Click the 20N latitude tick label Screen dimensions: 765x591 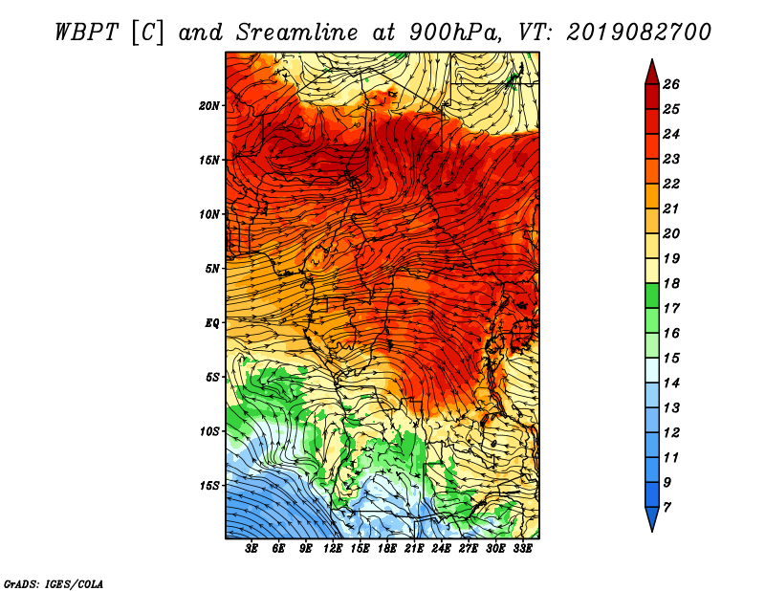click(209, 106)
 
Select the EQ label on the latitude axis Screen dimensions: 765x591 click(211, 323)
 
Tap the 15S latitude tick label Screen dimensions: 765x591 click(209, 486)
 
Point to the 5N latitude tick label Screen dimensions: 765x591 click(212, 269)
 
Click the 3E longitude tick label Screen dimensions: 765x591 click(251, 549)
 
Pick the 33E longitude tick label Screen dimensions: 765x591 click(522, 549)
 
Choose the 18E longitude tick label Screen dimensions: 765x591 click(387, 549)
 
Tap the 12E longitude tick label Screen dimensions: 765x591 click(333, 549)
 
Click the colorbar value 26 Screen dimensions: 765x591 click(671, 84)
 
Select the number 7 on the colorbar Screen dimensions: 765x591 click(667, 508)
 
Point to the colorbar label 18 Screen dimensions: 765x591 click(671, 283)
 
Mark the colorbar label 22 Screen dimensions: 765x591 click(671, 184)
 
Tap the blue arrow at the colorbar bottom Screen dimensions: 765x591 click(652, 517)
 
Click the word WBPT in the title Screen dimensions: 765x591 click(86, 33)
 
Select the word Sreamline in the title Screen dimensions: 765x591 click(297, 33)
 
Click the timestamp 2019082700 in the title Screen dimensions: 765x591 click(639, 33)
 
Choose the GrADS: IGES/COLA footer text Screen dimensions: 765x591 click(54, 583)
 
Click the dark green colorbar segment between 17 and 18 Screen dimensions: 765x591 click(652, 295)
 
